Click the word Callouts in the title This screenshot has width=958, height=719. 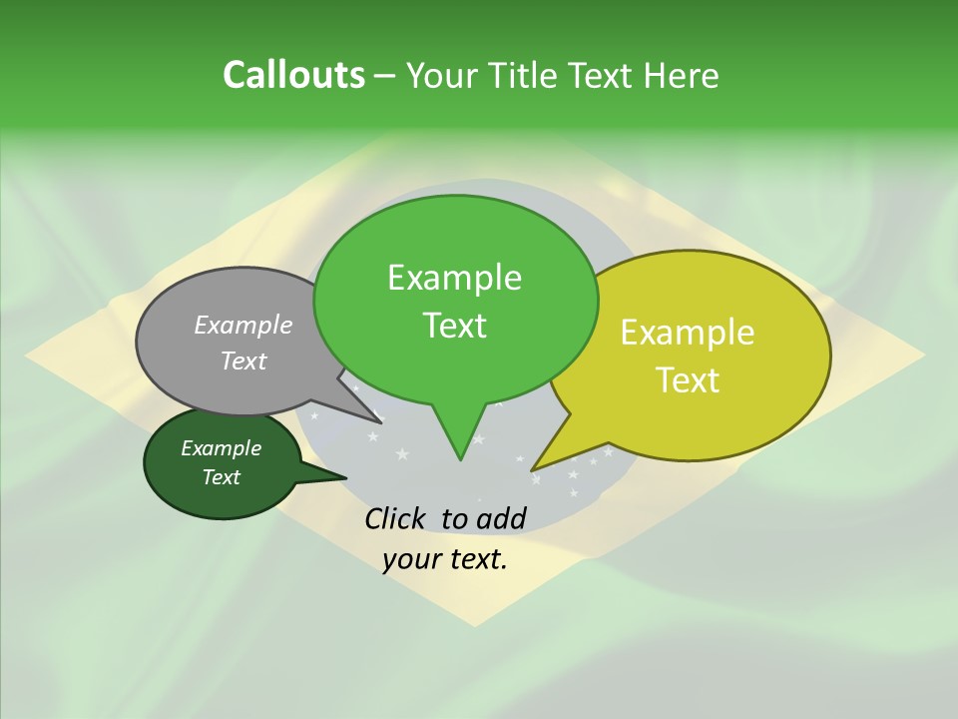[293, 75]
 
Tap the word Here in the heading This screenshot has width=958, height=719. [681, 75]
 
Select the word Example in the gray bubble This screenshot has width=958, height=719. [243, 325]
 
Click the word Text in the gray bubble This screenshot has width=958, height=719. [243, 360]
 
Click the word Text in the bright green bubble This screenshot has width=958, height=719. [454, 325]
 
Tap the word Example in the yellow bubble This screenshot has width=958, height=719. [688, 333]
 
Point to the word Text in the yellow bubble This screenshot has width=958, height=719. [688, 379]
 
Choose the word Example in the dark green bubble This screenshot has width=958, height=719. [221, 448]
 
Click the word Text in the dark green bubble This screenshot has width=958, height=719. [221, 477]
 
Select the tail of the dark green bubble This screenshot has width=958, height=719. [334, 477]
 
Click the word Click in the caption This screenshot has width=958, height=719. [396, 518]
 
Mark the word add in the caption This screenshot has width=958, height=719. [500, 518]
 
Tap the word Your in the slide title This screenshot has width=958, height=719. [439, 75]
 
